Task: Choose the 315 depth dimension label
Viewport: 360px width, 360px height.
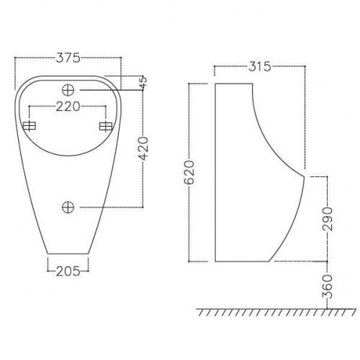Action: pos(258,67)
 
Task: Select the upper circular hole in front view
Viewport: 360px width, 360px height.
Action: pos(69,90)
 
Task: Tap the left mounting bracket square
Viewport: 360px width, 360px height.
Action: pos(30,127)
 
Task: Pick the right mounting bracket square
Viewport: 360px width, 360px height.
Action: pos(106,127)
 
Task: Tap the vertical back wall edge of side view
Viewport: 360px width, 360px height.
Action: pos(215,173)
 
